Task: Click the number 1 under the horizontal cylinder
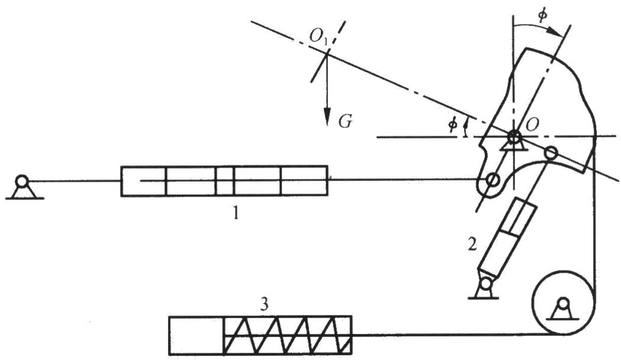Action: [x=235, y=213]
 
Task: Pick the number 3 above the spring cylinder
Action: [x=265, y=304]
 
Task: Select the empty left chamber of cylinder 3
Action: [x=196, y=335]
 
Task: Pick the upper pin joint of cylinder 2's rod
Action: [x=551, y=153]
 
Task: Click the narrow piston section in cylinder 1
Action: [x=224, y=181]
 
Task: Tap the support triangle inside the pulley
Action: [x=561, y=309]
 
